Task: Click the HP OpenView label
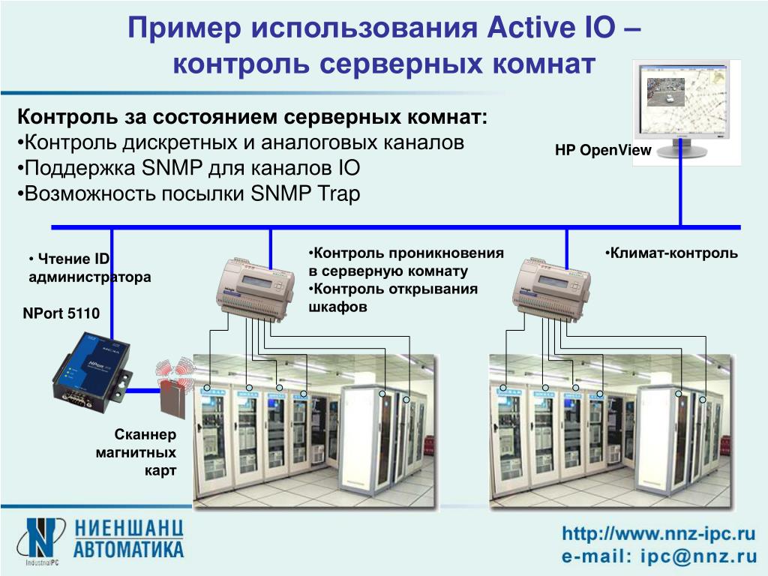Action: pos(603,150)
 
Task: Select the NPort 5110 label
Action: pos(61,313)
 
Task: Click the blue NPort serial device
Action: pos(91,370)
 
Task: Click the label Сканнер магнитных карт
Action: pos(145,452)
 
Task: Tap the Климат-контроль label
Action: pos(672,253)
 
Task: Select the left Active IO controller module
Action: pos(253,287)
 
